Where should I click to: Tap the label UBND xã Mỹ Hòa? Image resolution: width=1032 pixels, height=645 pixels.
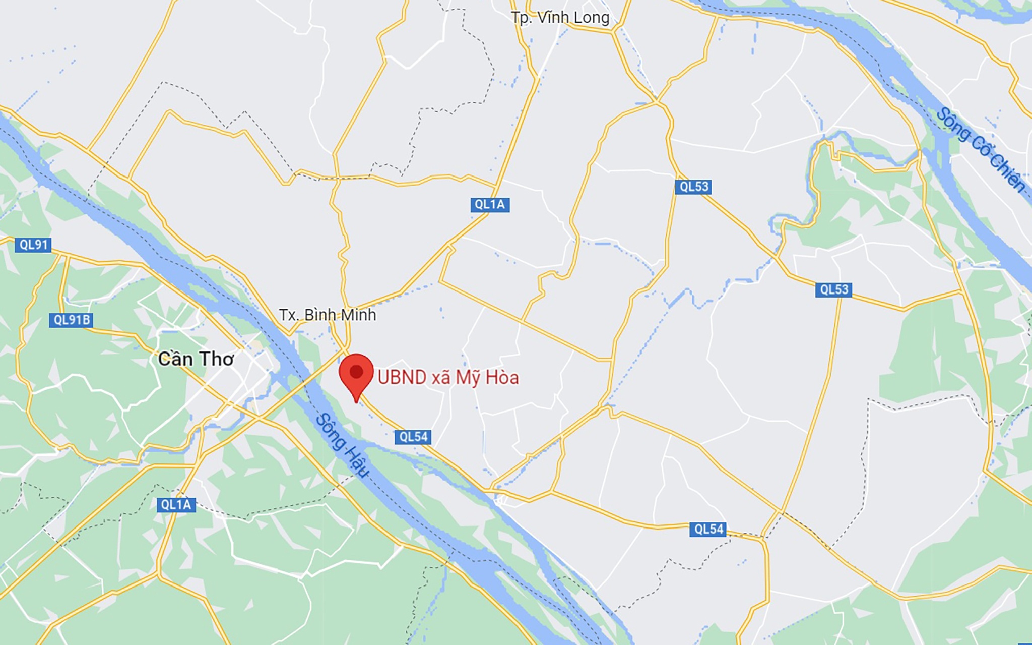click(448, 378)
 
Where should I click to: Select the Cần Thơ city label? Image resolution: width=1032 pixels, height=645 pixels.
click(196, 359)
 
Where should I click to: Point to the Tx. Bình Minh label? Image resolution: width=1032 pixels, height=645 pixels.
click(328, 315)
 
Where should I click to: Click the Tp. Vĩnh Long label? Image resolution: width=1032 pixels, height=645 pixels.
click(560, 18)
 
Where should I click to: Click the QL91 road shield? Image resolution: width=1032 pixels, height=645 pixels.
click(33, 245)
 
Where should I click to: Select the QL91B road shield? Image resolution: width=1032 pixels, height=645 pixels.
click(71, 320)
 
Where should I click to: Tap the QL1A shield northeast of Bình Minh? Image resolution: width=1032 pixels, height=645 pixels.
click(490, 204)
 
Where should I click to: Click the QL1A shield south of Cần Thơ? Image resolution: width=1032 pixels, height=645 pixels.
click(176, 505)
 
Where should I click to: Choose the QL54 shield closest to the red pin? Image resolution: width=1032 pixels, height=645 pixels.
click(413, 437)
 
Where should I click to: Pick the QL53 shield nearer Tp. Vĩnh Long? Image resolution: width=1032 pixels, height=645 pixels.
click(694, 187)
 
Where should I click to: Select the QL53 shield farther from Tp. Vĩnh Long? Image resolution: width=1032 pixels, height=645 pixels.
click(834, 289)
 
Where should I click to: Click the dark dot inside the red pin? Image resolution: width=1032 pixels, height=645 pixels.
click(356, 372)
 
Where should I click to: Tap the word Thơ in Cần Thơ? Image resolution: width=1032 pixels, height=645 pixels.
click(218, 359)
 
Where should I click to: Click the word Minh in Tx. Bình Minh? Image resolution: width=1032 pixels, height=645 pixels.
click(358, 315)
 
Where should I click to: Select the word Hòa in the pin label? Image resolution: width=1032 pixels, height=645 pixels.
click(502, 378)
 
